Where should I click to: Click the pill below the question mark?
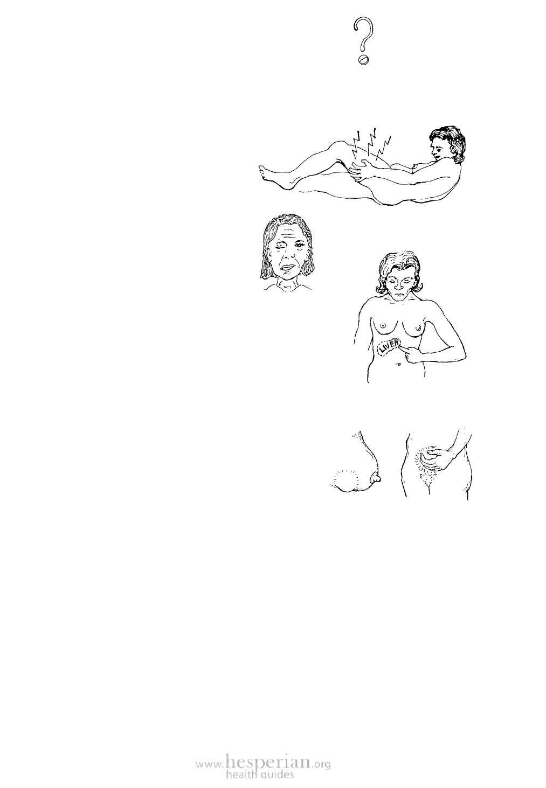363,60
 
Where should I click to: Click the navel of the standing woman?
398,364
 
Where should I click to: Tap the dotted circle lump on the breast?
345,479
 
